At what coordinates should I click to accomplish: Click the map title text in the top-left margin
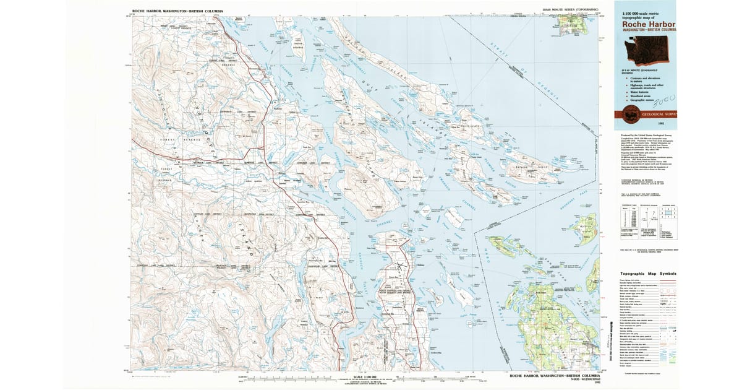pos(177,11)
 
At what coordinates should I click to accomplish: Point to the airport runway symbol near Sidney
pos(400,267)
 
